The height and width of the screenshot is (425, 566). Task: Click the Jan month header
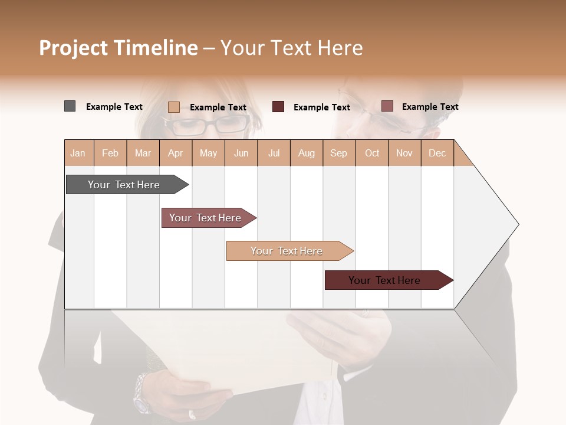[78, 153]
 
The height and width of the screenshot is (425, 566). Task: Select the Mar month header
[143, 153]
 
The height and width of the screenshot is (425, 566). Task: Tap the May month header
[208, 153]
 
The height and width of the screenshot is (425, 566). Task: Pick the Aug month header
[306, 153]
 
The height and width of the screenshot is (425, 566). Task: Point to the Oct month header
[371, 153]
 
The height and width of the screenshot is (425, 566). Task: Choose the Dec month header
[437, 153]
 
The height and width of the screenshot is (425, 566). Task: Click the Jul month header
[274, 153]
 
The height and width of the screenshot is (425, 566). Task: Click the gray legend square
[70, 106]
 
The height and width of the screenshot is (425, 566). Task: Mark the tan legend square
[173, 107]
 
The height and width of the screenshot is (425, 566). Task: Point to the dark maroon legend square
[278, 107]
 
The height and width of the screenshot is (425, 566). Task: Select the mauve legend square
[387, 106]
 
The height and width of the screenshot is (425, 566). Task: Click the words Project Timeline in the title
[118, 48]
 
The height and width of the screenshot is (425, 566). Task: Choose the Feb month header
[110, 153]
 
